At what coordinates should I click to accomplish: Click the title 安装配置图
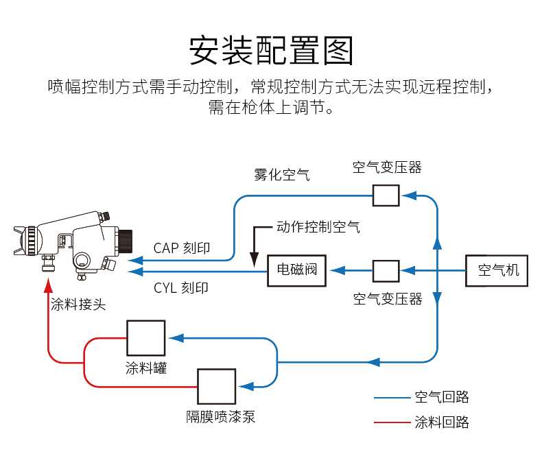click(271, 51)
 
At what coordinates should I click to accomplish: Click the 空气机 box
click(498, 270)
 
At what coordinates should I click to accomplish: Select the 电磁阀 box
click(296, 270)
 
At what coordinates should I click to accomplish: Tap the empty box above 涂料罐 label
click(145, 337)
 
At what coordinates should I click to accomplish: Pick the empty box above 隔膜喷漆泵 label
click(216, 386)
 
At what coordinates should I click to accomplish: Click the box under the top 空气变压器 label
click(386, 195)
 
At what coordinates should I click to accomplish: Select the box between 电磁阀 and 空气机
click(386, 271)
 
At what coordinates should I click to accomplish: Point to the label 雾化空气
click(281, 175)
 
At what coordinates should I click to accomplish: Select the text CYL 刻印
click(181, 288)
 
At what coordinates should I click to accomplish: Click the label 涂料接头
click(78, 305)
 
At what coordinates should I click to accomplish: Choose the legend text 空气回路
click(442, 397)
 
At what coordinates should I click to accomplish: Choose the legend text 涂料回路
click(442, 422)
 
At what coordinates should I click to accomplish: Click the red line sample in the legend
click(391, 422)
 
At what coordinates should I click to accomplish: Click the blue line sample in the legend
click(391, 398)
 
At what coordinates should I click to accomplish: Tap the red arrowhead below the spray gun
click(48, 283)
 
